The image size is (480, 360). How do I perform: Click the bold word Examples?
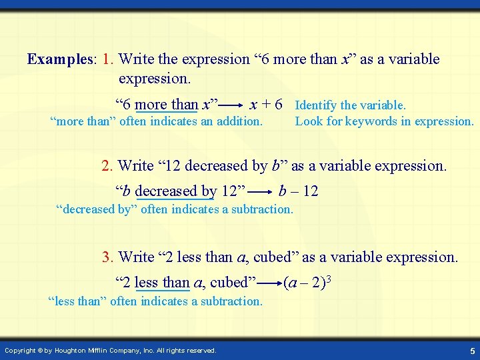58,59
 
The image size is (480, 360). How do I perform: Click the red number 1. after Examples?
109,59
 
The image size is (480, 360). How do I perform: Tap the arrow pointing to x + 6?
231,105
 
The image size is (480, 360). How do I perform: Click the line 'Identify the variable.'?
350,105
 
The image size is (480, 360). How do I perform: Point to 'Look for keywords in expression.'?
384,121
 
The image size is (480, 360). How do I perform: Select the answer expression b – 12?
299,192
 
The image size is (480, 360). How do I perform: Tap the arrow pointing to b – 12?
262,192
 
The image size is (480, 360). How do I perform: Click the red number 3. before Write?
107,257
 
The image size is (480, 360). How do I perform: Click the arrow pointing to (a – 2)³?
269,283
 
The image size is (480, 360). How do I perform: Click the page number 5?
471,351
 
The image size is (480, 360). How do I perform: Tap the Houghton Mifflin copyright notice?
110,351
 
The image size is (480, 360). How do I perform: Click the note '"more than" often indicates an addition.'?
157,121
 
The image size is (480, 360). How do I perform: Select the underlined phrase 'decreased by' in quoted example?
175,192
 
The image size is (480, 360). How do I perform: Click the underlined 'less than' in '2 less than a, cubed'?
161,283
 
